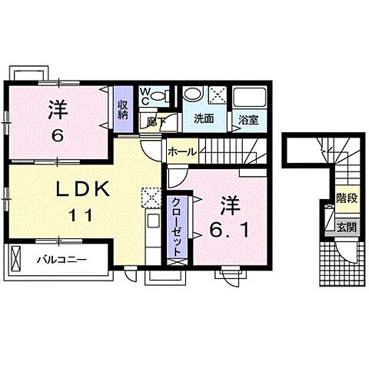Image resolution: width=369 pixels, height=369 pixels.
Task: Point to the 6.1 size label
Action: tap(230, 228)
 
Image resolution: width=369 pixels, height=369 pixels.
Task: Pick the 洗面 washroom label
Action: tap(204, 119)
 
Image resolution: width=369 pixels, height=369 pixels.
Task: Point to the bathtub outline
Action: tap(248, 98)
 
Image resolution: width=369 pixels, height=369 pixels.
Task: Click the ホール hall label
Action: tap(181, 151)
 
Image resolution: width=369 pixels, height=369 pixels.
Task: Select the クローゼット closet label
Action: tap(176, 225)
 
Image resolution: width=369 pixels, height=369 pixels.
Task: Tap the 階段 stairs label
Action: tap(345, 198)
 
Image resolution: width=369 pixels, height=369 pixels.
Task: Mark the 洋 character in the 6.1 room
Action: tap(228, 205)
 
